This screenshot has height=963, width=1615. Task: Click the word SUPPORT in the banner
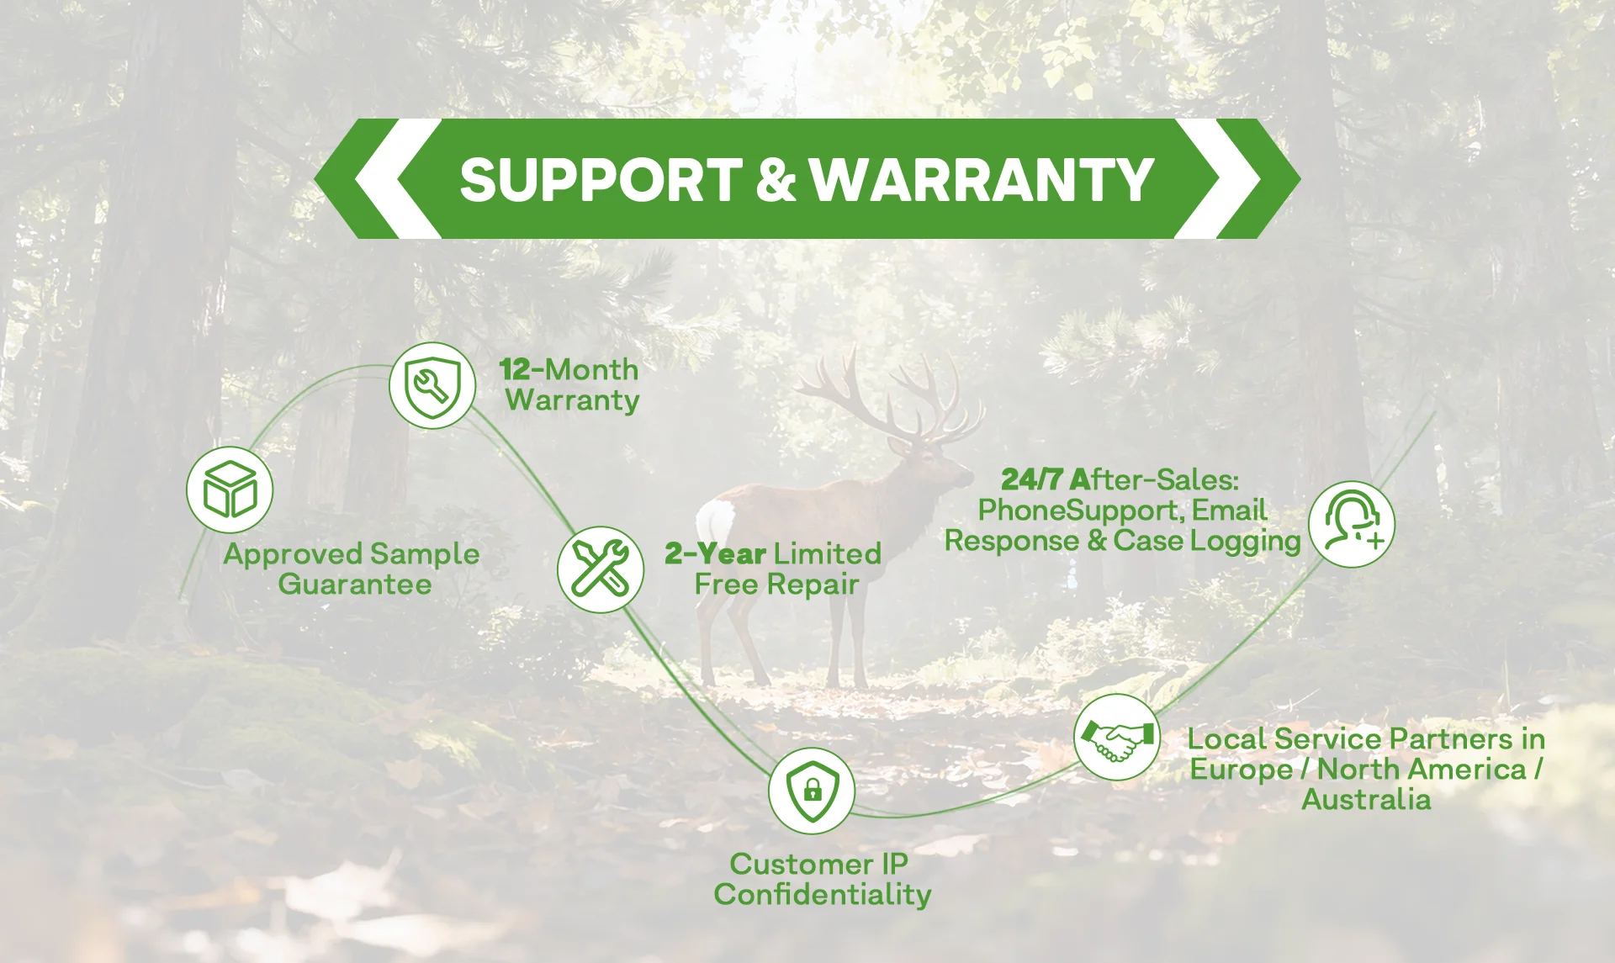(x=600, y=180)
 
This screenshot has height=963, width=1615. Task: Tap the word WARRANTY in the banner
(x=982, y=180)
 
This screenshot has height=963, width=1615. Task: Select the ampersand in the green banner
(x=775, y=180)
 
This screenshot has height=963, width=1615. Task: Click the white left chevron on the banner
(x=387, y=178)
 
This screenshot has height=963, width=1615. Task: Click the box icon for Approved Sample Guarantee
(x=230, y=489)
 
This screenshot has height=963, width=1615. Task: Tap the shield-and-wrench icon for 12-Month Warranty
(x=432, y=386)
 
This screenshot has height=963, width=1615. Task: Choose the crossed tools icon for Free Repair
(x=600, y=569)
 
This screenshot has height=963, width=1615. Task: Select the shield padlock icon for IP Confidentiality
(x=812, y=791)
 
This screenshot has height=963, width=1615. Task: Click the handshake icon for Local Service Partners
(x=1116, y=738)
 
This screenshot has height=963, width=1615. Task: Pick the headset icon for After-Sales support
(x=1351, y=524)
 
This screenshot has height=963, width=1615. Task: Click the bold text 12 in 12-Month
(x=515, y=369)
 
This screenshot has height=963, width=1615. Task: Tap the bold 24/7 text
(x=1031, y=479)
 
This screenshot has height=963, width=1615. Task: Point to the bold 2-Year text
(x=715, y=553)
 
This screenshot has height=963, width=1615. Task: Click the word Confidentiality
(x=822, y=894)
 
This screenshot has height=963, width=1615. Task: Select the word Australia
(x=1366, y=799)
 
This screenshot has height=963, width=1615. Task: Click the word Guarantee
(x=354, y=584)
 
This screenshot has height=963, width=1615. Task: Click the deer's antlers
(x=892, y=395)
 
